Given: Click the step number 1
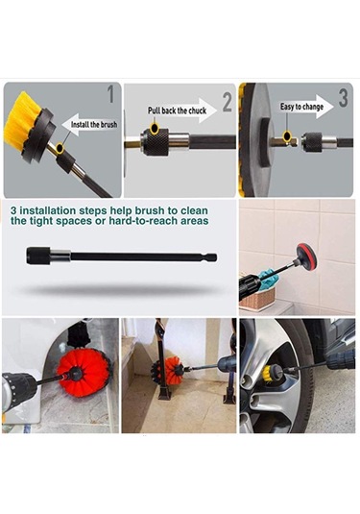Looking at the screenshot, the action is [111, 94].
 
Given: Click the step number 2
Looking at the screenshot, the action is [228, 102].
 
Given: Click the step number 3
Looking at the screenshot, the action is [343, 98].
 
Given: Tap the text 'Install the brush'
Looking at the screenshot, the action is [94, 125].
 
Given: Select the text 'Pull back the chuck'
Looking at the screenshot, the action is [177, 110].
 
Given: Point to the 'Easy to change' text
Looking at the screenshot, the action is [301, 107].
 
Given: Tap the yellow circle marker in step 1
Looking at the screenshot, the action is [60, 148].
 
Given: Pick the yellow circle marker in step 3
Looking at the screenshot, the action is [287, 135].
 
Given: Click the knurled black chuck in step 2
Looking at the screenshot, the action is [155, 142].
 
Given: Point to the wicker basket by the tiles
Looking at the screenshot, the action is [256, 298].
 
